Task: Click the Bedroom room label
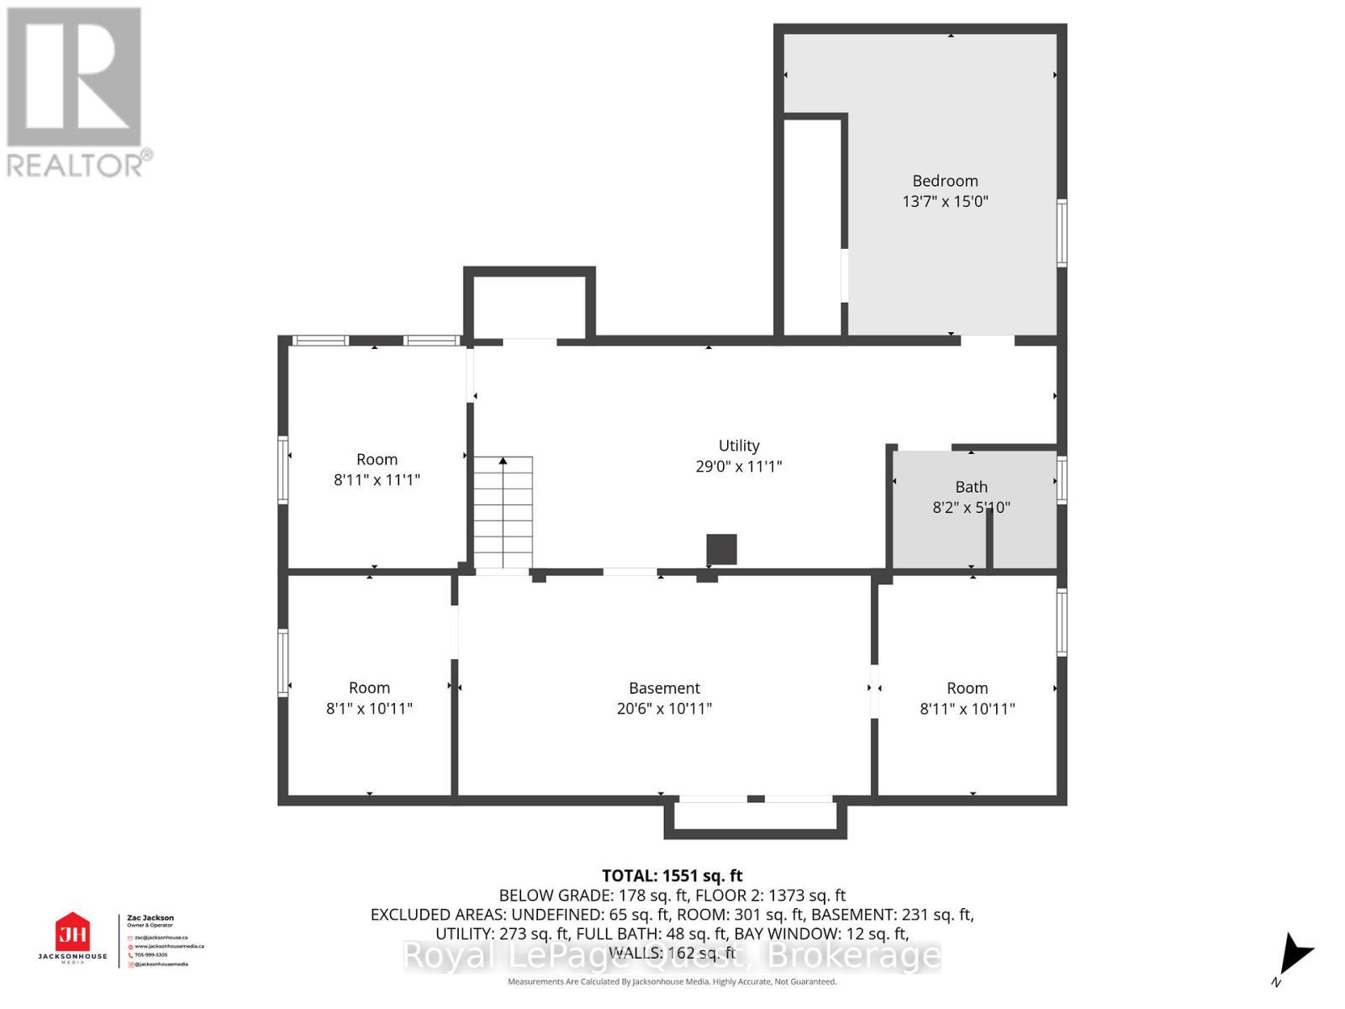click(945, 181)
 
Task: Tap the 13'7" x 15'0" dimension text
click(945, 202)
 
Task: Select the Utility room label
click(738, 446)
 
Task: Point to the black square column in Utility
click(721, 549)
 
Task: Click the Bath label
click(971, 487)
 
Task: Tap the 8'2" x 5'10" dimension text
click(971, 508)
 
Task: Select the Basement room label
click(664, 688)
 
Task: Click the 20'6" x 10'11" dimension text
click(664, 709)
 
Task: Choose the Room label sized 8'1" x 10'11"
click(369, 688)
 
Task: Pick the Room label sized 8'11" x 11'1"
click(377, 459)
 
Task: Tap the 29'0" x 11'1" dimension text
click(738, 467)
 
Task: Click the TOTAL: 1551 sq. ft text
click(672, 875)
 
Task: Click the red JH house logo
click(72, 932)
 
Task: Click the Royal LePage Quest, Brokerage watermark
click(672, 956)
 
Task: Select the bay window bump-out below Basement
click(755, 819)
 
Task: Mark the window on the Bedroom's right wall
click(1062, 233)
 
